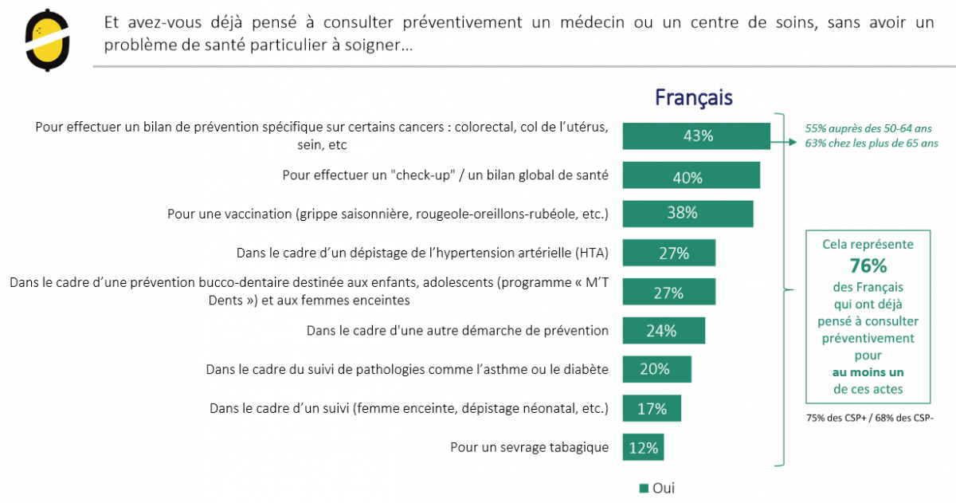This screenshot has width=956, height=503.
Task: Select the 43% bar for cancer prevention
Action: [696, 136]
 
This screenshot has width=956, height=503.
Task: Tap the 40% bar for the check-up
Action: [691, 176]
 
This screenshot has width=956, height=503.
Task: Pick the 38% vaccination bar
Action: [687, 213]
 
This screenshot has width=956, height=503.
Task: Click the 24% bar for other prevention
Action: [663, 330]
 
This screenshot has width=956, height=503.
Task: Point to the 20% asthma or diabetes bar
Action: [656, 369]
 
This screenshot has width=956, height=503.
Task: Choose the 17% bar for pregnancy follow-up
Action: [652, 409]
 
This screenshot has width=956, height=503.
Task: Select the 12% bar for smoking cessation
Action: [643, 448]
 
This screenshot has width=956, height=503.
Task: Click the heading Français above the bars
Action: [693, 97]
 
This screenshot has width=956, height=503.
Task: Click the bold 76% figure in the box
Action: [868, 265]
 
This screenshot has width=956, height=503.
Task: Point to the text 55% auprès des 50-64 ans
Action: [868, 128]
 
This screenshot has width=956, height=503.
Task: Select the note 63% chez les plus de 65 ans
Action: [872, 143]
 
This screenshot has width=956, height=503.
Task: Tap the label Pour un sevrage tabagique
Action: [529, 447]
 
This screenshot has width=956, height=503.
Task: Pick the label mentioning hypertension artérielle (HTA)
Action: [422, 253]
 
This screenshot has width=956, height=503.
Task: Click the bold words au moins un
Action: [868, 372]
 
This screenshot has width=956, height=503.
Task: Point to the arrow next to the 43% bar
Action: [789, 143]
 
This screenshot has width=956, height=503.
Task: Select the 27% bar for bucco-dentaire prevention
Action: [668, 292]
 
